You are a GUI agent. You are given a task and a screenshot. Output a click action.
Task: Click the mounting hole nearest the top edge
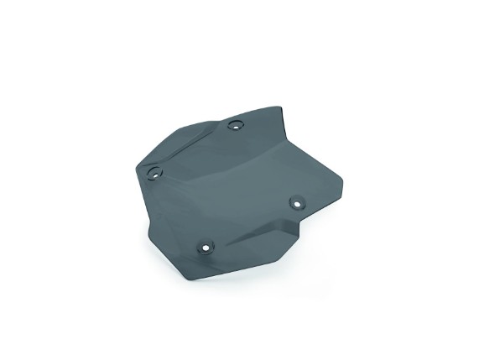236,125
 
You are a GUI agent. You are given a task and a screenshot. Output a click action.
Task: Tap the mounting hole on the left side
154,174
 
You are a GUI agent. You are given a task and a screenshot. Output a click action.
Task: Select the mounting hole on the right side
296,202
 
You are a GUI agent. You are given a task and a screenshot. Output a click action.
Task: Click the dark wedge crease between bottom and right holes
252,234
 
